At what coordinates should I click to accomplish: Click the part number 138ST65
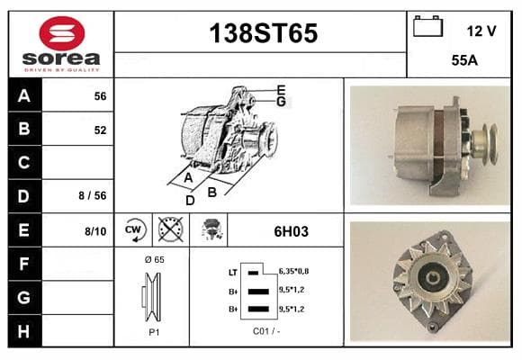(x=264, y=33)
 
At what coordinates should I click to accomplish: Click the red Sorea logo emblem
(x=62, y=33)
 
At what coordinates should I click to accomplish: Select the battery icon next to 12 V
(x=427, y=26)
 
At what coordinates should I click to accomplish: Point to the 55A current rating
(x=464, y=60)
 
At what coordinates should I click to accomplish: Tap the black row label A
(x=24, y=96)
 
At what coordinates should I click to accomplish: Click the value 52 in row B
(x=100, y=130)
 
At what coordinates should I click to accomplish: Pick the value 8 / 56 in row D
(x=93, y=195)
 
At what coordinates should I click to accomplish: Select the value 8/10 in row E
(x=95, y=231)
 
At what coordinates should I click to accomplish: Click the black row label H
(x=24, y=331)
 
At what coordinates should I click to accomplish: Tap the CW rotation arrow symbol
(x=136, y=230)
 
